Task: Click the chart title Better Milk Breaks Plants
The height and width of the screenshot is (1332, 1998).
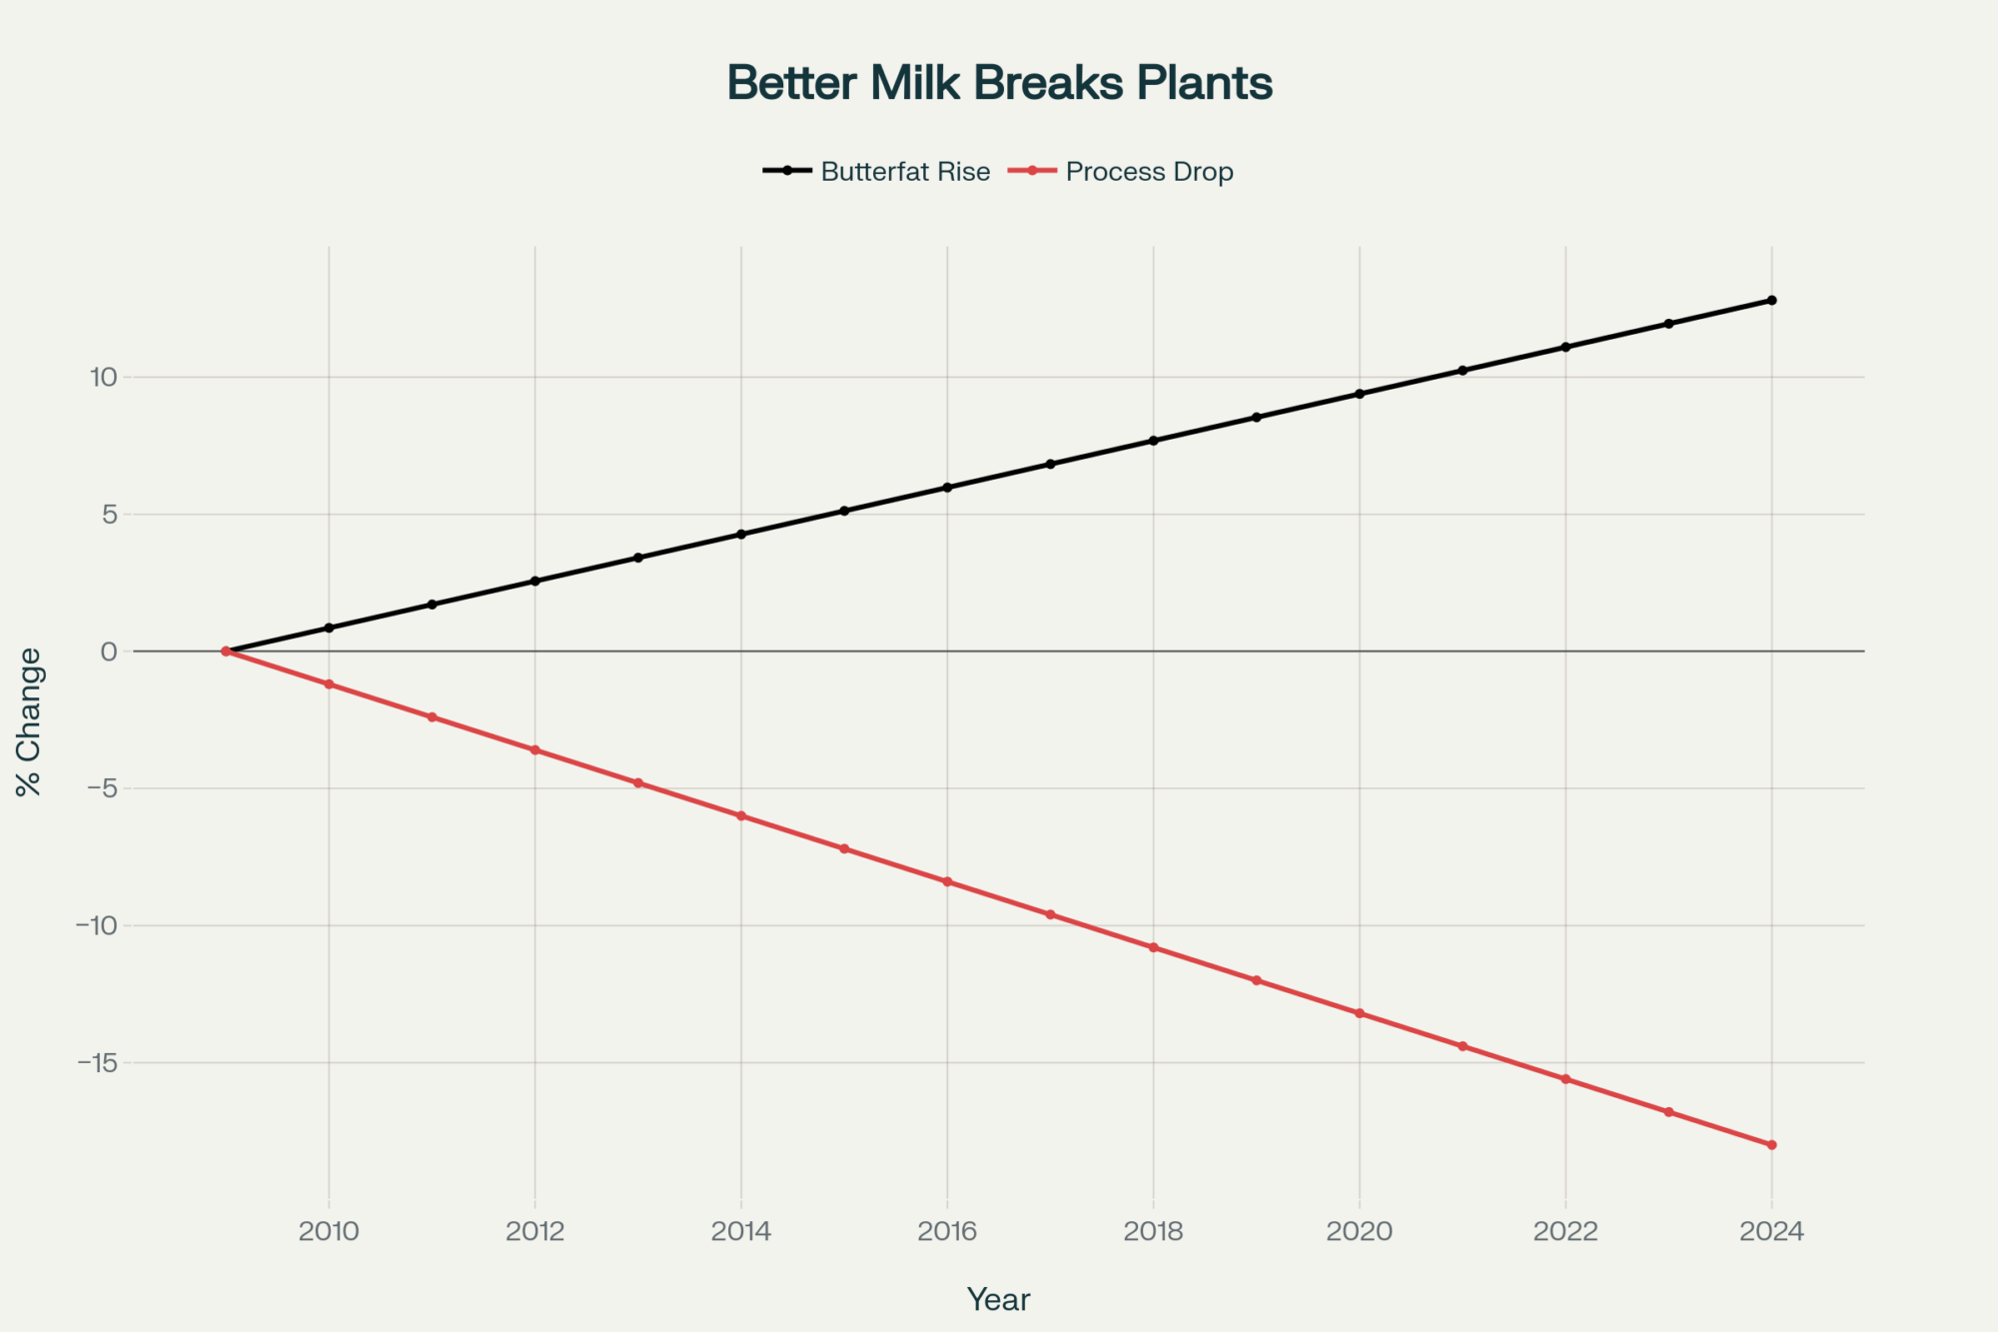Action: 999,83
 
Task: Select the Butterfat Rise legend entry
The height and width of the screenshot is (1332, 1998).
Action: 904,172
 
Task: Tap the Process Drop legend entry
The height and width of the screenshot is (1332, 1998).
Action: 1149,172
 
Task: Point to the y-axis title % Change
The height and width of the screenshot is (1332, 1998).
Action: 29,721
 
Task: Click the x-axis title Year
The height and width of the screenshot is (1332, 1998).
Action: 998,1299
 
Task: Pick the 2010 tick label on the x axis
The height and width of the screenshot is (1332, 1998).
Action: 329,1231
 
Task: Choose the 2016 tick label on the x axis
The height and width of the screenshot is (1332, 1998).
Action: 947,1231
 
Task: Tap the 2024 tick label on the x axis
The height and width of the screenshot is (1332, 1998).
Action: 1771,1231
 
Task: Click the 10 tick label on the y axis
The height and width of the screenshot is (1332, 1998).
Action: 104,377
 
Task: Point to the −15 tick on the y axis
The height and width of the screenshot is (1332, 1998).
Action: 97,1062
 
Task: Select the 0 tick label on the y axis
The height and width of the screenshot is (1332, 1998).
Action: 109,652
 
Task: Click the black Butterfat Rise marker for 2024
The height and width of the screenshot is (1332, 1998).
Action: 1771,300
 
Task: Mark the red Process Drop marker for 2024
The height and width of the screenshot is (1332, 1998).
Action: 1771,1145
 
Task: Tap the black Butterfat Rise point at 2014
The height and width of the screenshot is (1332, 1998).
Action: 741,535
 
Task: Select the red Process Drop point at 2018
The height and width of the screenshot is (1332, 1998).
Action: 1154,947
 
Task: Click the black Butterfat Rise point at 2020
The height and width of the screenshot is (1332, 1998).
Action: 1360,394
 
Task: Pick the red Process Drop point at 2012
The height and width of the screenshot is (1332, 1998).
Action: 535,749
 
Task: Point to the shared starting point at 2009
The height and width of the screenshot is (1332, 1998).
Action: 226,652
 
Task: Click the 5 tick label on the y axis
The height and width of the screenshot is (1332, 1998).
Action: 109,515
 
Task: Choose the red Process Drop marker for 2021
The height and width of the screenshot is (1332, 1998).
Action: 1463,1046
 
